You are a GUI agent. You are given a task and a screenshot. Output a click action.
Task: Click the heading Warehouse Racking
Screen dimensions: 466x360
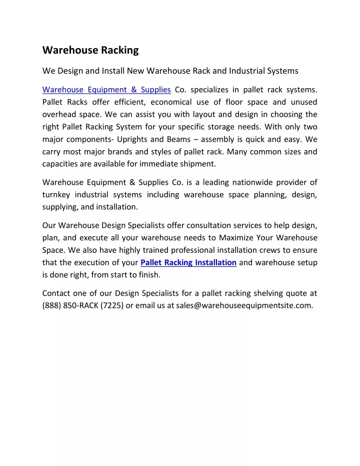(x=90, y=50)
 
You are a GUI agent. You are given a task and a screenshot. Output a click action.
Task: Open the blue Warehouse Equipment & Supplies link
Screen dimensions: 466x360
(x=106, y=90)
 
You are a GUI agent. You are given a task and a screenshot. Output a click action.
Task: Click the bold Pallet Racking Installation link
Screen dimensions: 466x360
(x=188, y=262)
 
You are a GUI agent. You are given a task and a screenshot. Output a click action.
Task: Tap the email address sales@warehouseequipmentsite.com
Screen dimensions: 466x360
(x=244, y=306)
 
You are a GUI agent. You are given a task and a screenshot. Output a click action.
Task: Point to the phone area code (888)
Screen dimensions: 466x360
(x=52, y=306)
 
